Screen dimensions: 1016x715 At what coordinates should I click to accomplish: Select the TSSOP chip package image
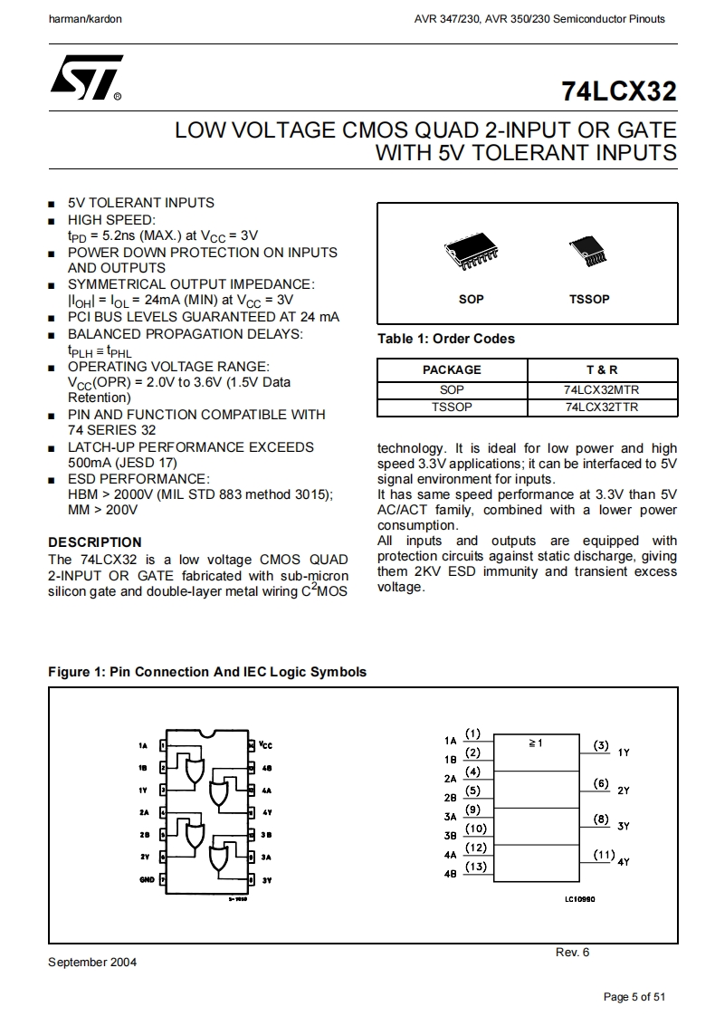(x=588, y=252)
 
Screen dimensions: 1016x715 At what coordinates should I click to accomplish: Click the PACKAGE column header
(x=452, y=369)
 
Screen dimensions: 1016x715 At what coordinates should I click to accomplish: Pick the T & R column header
(x=602, y=369)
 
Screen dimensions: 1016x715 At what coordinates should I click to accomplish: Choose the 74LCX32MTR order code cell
(x=602, y=390)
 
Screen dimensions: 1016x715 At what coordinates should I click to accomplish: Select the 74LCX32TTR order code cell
(x=602, y=407)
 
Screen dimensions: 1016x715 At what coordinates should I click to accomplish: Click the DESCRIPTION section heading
(x=95, y=542)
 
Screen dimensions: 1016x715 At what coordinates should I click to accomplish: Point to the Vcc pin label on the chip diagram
(x=265, y=745)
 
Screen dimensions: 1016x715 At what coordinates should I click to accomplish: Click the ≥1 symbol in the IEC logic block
(x=534, y=743)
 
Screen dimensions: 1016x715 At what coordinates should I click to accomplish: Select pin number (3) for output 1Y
(x=602, y=746)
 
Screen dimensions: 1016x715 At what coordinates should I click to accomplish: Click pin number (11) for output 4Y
(x=604, y=855)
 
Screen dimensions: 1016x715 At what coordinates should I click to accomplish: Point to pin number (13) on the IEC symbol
(x=476, y=867)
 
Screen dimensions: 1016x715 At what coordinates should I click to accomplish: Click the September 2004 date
(x=92, y=962)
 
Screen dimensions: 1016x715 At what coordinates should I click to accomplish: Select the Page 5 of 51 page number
(x=634, y=997)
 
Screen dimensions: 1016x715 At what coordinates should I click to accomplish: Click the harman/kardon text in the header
(x=84, y=18)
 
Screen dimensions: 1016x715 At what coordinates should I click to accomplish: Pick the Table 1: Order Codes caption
(x=445, y=339)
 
